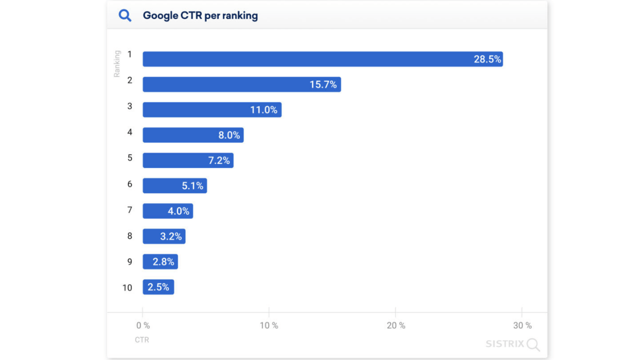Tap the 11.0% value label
click(x=263, y=110)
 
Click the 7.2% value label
click(x=219, y=160)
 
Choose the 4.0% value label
click(x=178, y=211)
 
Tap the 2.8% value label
click(x=163, y=262)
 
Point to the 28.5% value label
click(x=487, y=59)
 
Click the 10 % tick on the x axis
click(x=269, y=325)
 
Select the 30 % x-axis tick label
click(x=522, y=325)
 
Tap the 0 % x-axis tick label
click(x=143, y=325)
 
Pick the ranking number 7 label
click(x=129, y=210)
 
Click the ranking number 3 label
click(x=129, y=106)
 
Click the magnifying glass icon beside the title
click(x=125, y=15)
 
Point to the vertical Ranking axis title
click(x=117, y=63)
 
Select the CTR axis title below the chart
click(x=142, y=340)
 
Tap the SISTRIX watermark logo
click(x=512, y=344)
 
